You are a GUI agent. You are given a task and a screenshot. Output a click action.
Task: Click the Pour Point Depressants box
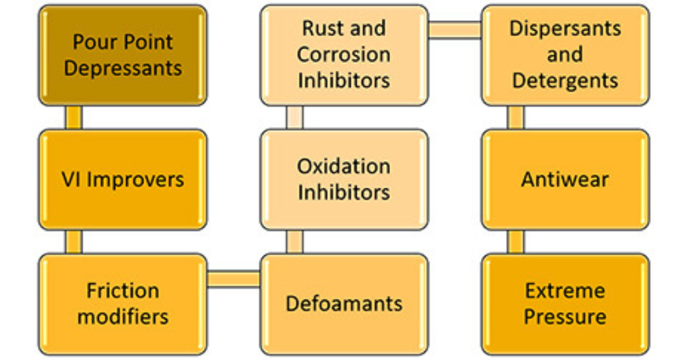(x=123, y=55)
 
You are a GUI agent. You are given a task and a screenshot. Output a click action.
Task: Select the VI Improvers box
(x=123, y=179)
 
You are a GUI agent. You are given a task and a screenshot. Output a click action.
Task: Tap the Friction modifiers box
(x=123, y=304)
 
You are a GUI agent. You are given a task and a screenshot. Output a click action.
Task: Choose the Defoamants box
(x=344, y=304)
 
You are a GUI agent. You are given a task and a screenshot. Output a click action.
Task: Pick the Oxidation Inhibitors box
(x=344, y=179)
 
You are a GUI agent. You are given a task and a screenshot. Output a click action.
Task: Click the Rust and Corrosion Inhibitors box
(x=344, y=55)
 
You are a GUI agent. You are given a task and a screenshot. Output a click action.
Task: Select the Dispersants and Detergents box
(x=565, y=55)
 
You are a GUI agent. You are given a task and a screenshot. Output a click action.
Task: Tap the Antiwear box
(x=565, y=179)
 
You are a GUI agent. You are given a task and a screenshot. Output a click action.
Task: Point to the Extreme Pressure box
(x=565, y=304)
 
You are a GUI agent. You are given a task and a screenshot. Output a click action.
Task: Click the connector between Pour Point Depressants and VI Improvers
(x=74, y=117)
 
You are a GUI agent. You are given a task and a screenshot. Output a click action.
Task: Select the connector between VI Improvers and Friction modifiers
(x=74, y=242)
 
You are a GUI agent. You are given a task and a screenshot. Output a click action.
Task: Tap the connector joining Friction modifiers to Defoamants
(x=234, y=279)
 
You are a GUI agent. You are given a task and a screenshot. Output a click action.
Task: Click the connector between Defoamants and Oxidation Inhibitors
(x=295, y=242)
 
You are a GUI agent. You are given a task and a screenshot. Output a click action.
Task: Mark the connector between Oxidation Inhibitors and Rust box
(x=295, y=117)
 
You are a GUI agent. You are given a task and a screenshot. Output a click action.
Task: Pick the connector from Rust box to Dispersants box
(x=455, y=30)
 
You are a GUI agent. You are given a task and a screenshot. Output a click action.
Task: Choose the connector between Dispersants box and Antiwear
(x=516, y=117)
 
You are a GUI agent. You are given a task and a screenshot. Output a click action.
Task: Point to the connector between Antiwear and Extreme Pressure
(x=516, y=242)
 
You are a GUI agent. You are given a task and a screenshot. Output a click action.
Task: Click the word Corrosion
(x=344, y=55)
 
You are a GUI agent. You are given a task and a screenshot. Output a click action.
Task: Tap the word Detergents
(x=565, y=81)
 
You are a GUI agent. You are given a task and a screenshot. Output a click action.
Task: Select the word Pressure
(x=565, y=317)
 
